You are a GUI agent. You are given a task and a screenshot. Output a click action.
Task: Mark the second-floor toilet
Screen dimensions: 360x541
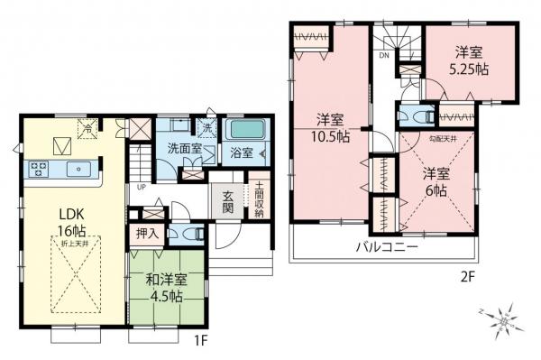click(x=414, y=117)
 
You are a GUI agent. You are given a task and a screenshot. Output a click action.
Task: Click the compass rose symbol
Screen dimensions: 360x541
click(x=501, y=318)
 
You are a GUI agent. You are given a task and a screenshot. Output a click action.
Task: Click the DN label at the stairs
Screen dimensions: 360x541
click(x=383, y=56)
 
